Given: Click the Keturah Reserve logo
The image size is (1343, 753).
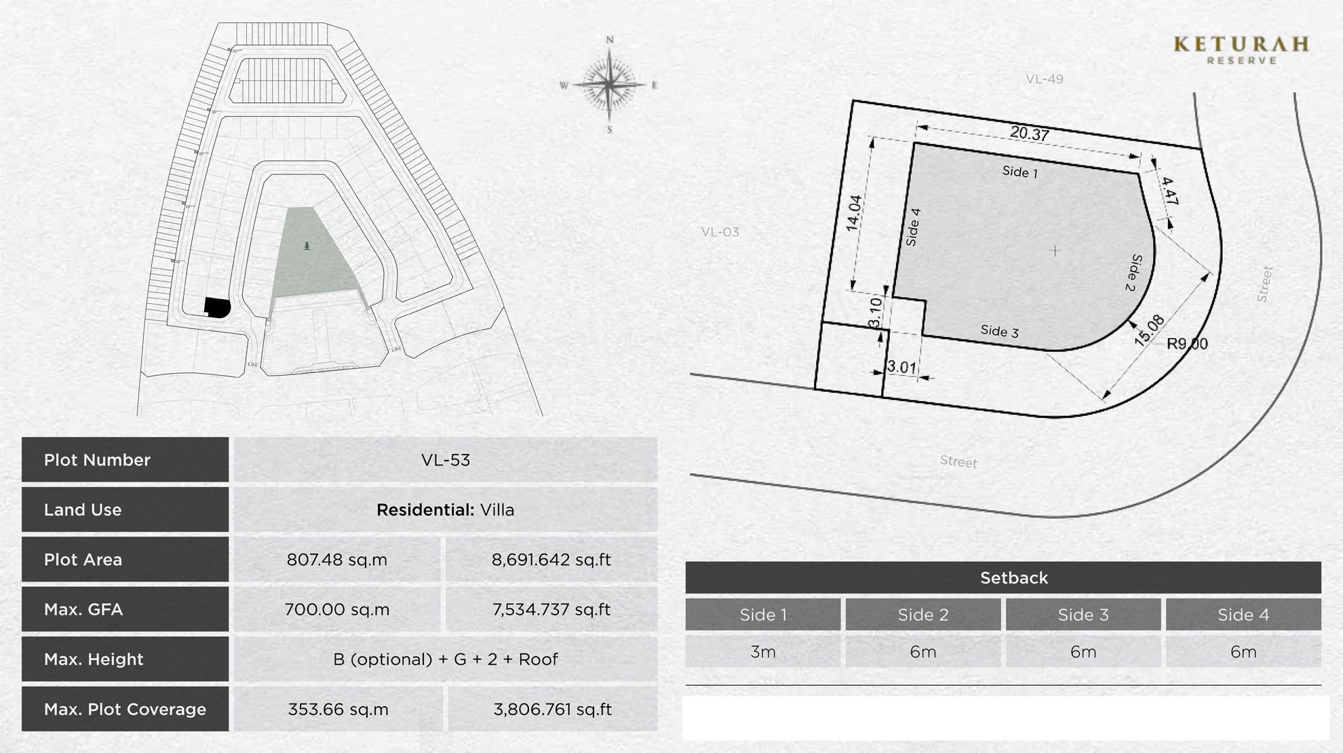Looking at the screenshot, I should click(1241, 50).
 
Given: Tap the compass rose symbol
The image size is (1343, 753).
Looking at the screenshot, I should click(610, 85).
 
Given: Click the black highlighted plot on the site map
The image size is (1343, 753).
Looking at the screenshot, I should click(217, 307).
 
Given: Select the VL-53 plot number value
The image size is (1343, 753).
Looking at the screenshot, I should click(445, 460).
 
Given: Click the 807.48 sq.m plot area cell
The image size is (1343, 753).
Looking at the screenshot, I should click(336, 560).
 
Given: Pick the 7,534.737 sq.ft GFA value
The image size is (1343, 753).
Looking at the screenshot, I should click(551, 609).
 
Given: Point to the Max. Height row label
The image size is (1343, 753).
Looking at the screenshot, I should click(94, 659).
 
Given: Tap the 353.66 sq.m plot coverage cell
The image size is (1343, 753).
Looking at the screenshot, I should click(338, 709).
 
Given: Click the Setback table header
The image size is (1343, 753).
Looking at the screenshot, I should click(1013, 578).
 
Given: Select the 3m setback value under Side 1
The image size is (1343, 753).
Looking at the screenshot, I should click(763, 652).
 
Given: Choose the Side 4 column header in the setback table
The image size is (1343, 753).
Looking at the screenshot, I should click(1243, 615).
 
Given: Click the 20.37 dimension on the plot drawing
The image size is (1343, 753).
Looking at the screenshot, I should click(1029, 134).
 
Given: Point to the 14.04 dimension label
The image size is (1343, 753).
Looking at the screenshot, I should click(853, 213).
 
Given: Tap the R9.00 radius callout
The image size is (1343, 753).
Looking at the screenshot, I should click(1187, 344).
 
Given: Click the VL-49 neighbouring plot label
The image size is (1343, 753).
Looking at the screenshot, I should click(1044, 79).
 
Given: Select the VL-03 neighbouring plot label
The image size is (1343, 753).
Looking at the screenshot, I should click(720, 232).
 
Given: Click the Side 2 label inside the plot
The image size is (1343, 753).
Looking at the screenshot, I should click(1134, 273).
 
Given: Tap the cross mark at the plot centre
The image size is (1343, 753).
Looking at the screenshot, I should click(1055, 251).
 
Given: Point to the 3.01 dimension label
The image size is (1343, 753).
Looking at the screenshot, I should click(901, 367).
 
